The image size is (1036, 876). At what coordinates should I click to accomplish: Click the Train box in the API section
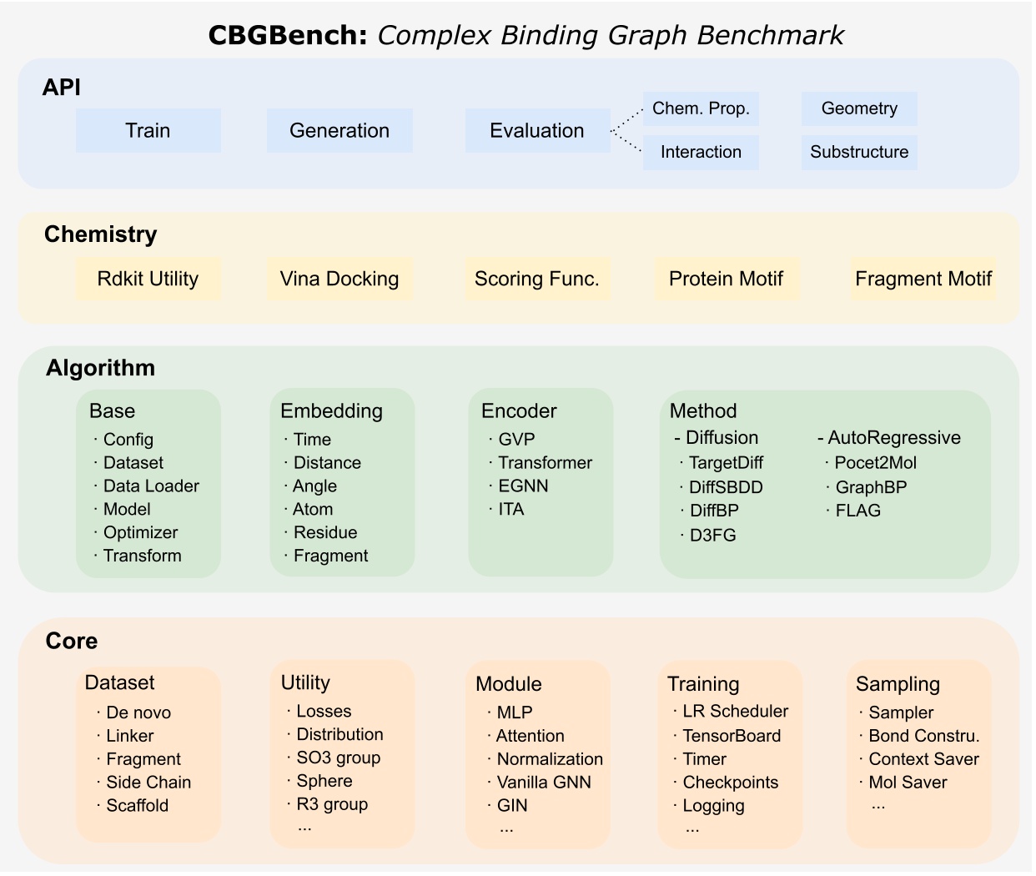click(148, 130)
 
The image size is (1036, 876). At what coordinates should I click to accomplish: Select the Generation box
click(339, 130)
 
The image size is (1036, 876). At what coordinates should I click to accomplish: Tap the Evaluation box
click(537, 130)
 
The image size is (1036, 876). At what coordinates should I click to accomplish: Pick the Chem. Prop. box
click(701, 108)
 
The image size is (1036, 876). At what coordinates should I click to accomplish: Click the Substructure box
click(859, 152)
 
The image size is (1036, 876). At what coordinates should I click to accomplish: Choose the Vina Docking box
click(339, 279)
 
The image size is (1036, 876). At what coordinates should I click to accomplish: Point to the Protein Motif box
click(726, 279)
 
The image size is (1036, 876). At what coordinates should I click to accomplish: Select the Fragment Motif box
click(923, 279)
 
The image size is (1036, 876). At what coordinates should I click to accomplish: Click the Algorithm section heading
click(100, 368)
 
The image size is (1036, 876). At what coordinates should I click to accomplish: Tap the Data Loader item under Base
click(151, 486)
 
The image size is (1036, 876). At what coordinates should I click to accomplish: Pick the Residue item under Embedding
click(325, 532)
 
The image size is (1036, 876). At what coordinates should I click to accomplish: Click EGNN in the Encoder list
click(523, 486)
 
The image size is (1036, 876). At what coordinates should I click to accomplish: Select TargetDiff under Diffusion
click(726, 462)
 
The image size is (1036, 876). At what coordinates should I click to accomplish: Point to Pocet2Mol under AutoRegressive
click(875, 462)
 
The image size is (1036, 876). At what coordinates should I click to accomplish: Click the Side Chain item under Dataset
click(148, 782)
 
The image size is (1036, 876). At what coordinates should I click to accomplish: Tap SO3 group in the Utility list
click(339, 758)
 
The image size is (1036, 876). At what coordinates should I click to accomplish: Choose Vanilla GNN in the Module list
click(544, 782)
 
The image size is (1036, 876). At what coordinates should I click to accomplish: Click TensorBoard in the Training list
click(732, 735)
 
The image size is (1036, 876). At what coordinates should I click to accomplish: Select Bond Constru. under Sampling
click(924, 735)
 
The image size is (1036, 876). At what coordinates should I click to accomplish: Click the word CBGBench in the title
click(287, 35)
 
